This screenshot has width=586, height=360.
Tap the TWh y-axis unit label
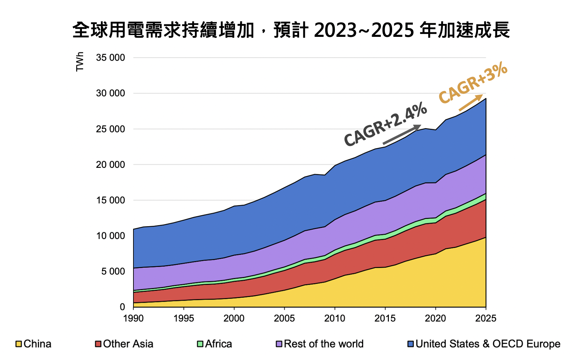[80, 62]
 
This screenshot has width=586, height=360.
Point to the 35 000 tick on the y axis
[111, 58]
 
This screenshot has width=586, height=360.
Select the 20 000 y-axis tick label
[111, 165]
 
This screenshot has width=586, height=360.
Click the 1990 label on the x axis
[133, 318]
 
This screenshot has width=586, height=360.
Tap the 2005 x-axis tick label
[284, 318]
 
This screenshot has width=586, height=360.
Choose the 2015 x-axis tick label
[385, 318]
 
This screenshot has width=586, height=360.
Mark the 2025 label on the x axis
[485, 318]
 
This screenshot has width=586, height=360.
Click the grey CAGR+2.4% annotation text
[385, 124]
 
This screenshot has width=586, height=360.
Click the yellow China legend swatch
[19, 344]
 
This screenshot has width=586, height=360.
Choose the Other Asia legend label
[128, 344]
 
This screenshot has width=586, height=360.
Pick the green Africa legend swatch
[200, 344]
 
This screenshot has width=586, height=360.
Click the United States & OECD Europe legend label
[488, 344]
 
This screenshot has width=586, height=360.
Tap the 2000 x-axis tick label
[234, 318]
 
